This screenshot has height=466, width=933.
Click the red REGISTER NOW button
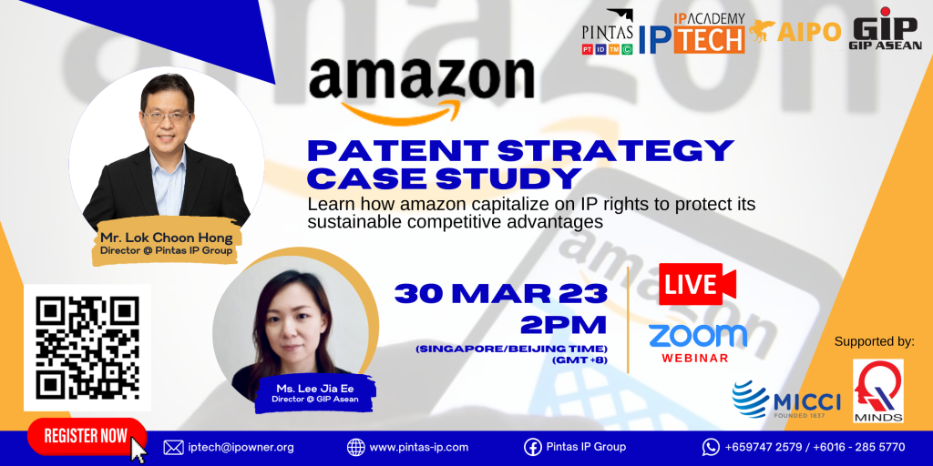87,436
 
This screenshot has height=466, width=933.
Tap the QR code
87,348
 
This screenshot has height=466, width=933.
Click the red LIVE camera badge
697,284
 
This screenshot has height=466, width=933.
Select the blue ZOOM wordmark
697,335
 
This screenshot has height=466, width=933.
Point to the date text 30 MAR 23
500,294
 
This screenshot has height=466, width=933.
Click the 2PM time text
563,325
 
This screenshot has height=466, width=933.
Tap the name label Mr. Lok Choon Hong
165,239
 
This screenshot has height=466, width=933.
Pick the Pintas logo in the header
608,33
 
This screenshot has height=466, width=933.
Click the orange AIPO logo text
809,33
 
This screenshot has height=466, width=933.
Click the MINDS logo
878,390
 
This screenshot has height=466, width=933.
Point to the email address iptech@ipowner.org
241,447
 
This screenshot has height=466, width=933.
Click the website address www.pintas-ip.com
419,447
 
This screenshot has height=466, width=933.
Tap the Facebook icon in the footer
532,447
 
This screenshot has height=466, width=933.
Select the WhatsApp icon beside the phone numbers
711,447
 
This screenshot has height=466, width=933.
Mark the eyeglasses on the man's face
166,116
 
